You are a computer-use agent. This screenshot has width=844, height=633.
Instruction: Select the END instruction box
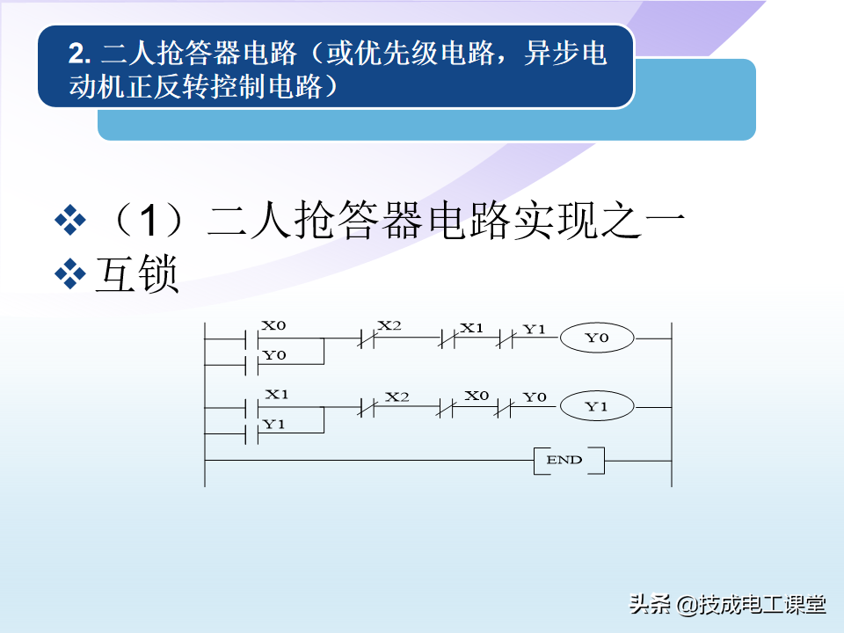pyautogui.click(x=569, y=460)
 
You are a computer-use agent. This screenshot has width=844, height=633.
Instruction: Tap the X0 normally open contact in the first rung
pyautogui.click(x=252, y=339)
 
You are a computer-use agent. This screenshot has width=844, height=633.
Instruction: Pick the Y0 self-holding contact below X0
pyautogui.click(x=252, y=365)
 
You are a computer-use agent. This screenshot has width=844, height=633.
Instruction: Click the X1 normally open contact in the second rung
pyautogui.click(x=252, y=409)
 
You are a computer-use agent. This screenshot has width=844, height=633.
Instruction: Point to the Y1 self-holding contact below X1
pyautogui.click(x=252, y=433)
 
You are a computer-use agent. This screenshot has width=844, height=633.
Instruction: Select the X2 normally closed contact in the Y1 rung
pyautogui.click(x=367, y=407)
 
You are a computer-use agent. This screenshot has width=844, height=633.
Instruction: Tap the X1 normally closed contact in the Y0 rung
pyautogui.click(x=447, y=339)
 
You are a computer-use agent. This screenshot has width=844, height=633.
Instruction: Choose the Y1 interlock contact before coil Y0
pyautogui.click(x=506, y=339)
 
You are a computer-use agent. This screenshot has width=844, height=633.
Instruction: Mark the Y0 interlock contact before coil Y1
pyautogui.click(x=504, y=408)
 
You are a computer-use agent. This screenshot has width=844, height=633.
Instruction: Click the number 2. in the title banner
pyautogui.click(x=80, y=54)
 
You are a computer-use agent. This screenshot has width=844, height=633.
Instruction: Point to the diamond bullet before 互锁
pyautogui.click(x=70, y=274)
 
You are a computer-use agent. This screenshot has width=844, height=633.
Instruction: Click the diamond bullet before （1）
pyautogui.click(x=70, y=220)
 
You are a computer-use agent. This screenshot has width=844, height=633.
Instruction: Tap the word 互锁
pyautogui.click(x=137, y=274)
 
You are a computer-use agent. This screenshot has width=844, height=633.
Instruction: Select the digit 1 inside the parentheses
pyautogui.click(x=149, y=221)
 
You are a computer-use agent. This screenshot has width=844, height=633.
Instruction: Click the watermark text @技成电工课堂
pyautogui.click(x=751, y=605)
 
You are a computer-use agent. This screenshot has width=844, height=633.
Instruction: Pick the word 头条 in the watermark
pyautogui.click(x=651, y=604)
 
